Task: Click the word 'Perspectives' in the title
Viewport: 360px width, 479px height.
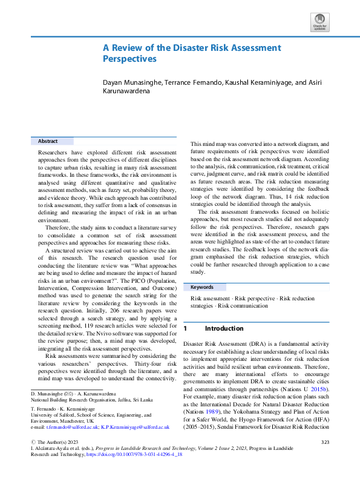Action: click(x=129, y=59)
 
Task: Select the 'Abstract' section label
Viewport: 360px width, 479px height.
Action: click(x=48, y=140)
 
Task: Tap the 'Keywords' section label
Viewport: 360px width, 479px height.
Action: click(x=203, y=286)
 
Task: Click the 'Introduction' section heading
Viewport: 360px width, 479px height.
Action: click(x=224, y=328)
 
